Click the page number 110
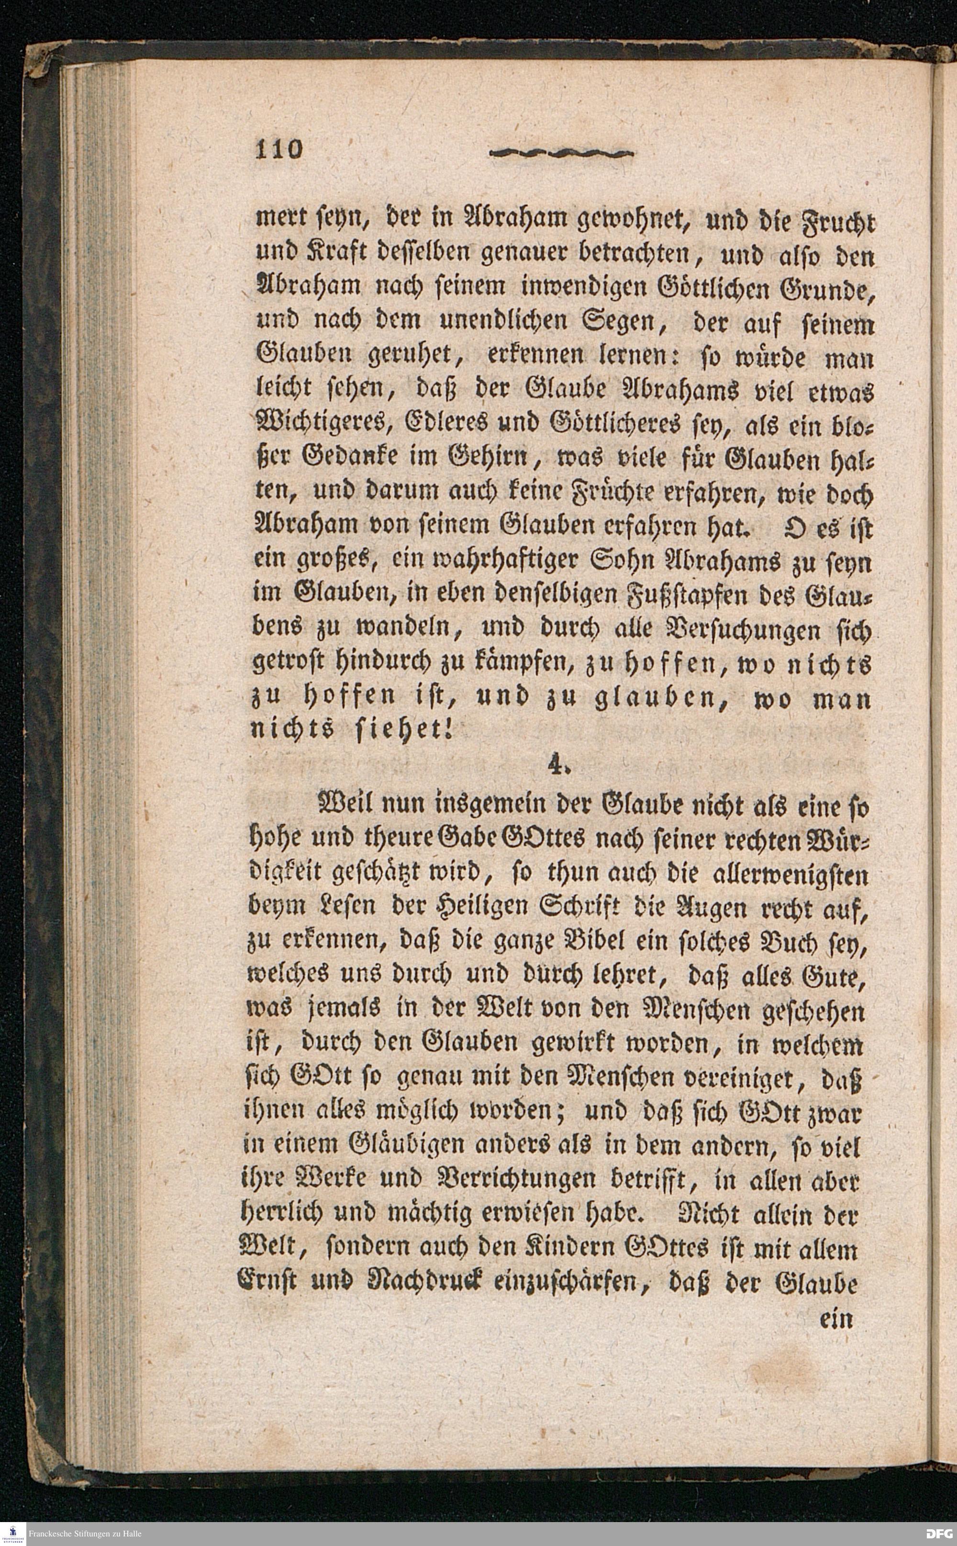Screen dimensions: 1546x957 tap(279, 149)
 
